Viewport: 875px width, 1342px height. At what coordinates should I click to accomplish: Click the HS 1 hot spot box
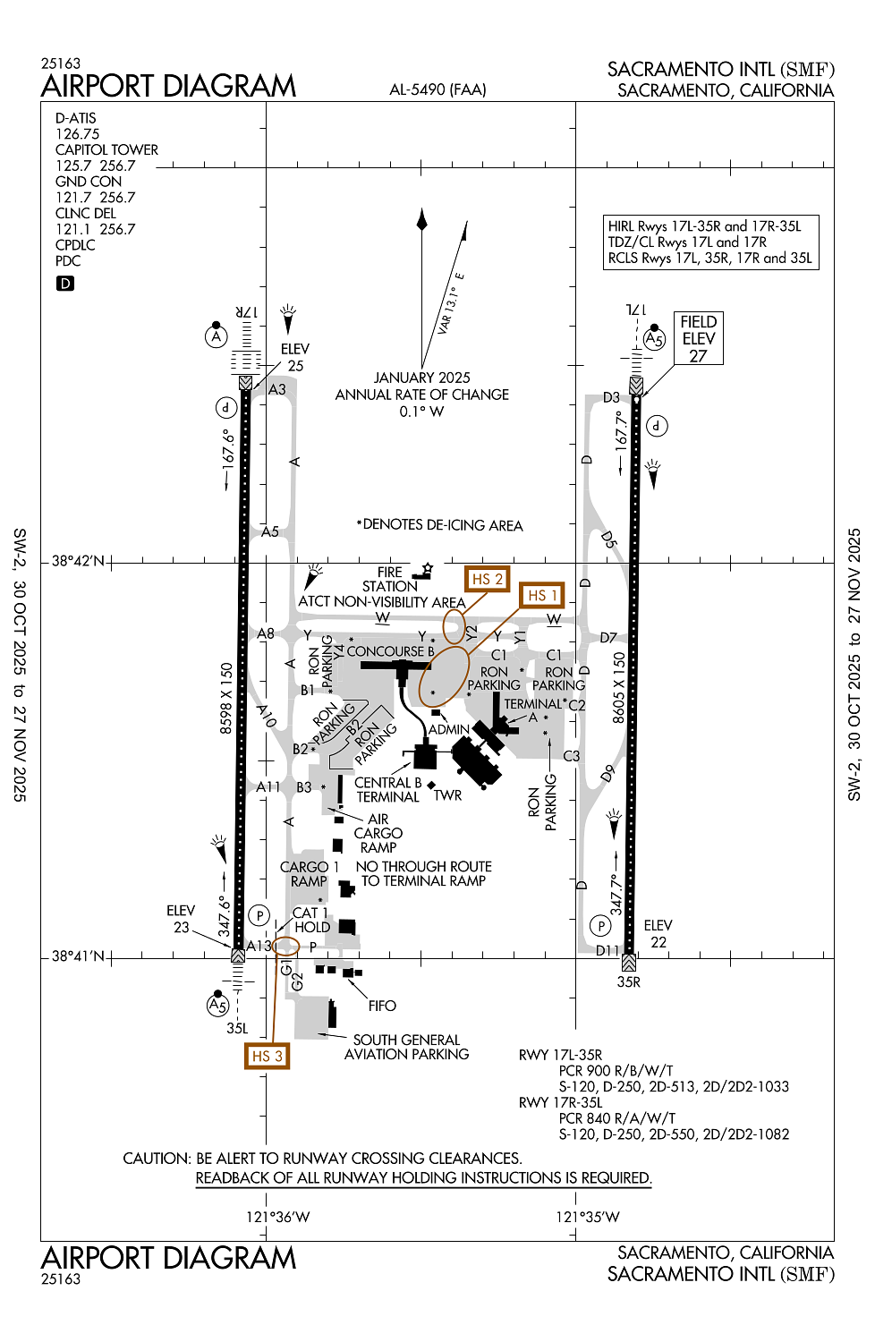[542, 595]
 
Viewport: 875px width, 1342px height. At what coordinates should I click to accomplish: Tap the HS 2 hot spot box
[488, 579]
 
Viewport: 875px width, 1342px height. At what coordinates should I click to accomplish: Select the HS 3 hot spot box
[267, 1056]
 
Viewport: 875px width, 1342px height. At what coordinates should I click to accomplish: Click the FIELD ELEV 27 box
[698, 338]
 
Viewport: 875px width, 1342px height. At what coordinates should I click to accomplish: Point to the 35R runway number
[629, 981]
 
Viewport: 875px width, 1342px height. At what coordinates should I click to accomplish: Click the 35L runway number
[237, 1028]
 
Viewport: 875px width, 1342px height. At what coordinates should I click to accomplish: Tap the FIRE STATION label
[389, 579]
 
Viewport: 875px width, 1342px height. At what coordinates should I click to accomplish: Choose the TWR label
[448, 794]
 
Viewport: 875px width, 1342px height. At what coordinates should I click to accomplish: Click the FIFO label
[382, 1006]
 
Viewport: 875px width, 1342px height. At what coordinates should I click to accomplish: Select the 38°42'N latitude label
[78, 561]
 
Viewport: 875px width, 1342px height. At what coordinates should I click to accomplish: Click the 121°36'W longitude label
[278, 1217]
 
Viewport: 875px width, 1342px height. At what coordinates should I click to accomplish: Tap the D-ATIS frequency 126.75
[78, 133]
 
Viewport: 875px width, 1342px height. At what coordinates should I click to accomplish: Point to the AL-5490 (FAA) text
[438, 89]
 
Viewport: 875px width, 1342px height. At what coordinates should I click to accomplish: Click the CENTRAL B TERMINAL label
[388, 790]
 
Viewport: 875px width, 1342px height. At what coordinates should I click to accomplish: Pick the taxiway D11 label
[607, 950]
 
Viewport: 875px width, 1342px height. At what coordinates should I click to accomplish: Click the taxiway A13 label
[259, 946]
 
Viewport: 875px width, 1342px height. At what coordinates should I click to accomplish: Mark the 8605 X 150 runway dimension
[618, 687]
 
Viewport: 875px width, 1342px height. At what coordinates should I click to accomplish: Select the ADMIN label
[449, 729]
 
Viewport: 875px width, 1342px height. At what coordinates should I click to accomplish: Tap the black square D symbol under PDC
[65, 284]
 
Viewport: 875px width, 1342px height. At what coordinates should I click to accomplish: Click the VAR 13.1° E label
[450, 304]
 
